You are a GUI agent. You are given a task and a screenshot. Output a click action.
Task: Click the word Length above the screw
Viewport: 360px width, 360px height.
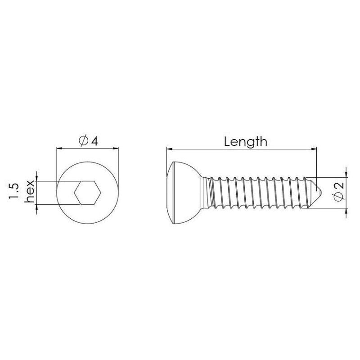click(x=245, y=142)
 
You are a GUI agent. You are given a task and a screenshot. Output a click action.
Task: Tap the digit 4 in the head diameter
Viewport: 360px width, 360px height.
click(x=94, y=141)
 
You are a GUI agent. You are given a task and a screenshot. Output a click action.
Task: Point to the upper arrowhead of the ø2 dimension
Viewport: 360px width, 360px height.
click(x=346, y=174)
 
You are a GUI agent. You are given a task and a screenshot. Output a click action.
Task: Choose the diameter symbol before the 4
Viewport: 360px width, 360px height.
click(x=83, y=141)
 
